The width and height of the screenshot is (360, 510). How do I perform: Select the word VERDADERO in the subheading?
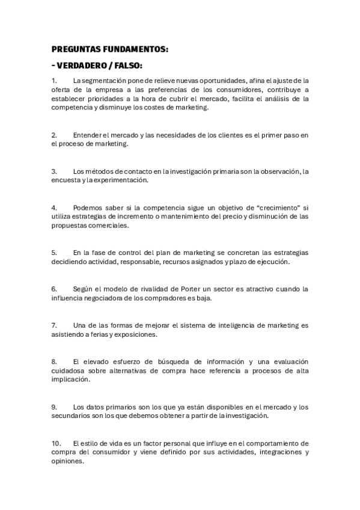click(x=84, y=66)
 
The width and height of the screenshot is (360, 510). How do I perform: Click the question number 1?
click(x=53, y=81)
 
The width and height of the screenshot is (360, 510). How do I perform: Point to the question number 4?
click(x=54, y=207)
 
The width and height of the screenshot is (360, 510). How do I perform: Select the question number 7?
click(x=54, y=325)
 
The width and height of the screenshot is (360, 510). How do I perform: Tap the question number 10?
click(x=56, y=443)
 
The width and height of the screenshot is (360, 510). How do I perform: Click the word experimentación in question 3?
click(x=117, y=180)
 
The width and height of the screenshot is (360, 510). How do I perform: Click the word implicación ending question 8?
click(x=72, y=380)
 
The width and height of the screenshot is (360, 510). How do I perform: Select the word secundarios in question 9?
click(x=71, y=416)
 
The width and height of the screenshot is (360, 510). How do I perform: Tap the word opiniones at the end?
click(x=67, y=461)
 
